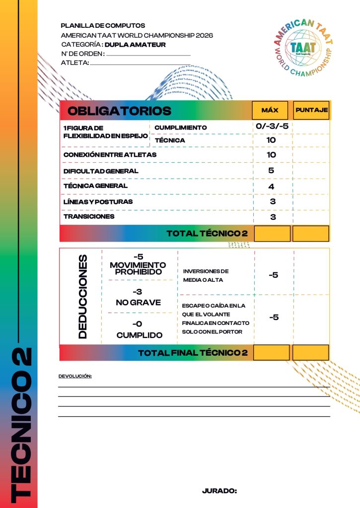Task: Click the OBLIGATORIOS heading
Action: click(x=119, y=111)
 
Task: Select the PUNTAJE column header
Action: click(x=311, y=110)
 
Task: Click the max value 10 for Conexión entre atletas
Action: click(x=271, y=155)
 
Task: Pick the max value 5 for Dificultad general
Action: click(x=271, y=170)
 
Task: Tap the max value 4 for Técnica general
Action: click(x=271, y=186)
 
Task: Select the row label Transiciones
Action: click(x=89, y=216)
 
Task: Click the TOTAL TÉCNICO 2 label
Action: click(x=207, y=233)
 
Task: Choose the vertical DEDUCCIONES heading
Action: click(x=82, y=297)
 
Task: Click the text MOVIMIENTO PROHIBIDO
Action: click(x=138, y=268)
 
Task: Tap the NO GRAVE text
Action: click(x=139, y=302)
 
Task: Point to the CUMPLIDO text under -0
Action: click(x=140, y=335)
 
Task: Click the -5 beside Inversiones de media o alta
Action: click(x=273, y=275)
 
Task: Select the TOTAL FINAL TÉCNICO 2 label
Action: click(x=193, y=353)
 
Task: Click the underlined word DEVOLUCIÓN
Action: click(x=75, y=377)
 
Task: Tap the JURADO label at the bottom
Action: click(x=219, y=491)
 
